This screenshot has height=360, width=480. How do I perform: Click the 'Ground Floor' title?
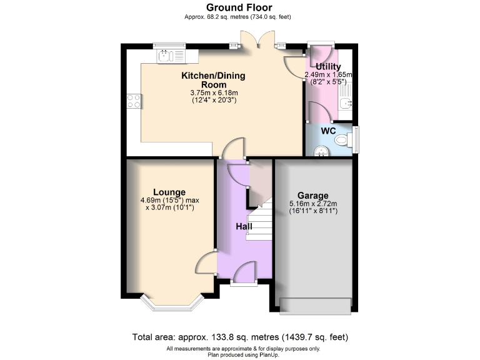239,7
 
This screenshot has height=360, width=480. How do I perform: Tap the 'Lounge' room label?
169,192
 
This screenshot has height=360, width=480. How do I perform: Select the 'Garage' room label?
312,195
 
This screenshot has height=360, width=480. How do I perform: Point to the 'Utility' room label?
328,67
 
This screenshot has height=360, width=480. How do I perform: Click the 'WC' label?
328,131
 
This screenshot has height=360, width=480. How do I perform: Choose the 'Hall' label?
244,226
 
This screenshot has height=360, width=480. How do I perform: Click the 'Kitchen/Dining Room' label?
213,80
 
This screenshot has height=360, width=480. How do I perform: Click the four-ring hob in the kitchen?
134,101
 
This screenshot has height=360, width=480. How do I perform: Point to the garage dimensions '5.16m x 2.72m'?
313,203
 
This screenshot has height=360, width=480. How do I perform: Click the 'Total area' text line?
239,337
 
